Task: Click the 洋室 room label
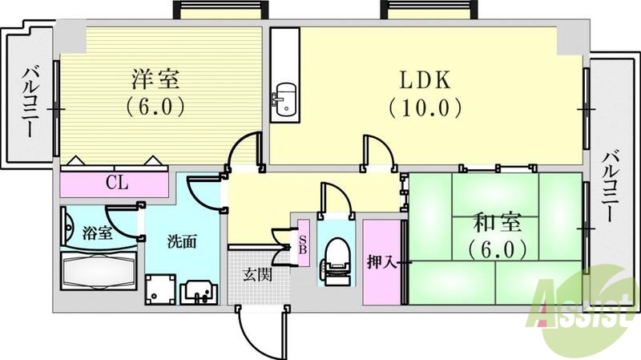156,79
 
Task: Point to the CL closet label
117,183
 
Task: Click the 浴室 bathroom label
97,234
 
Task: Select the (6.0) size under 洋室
156,104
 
